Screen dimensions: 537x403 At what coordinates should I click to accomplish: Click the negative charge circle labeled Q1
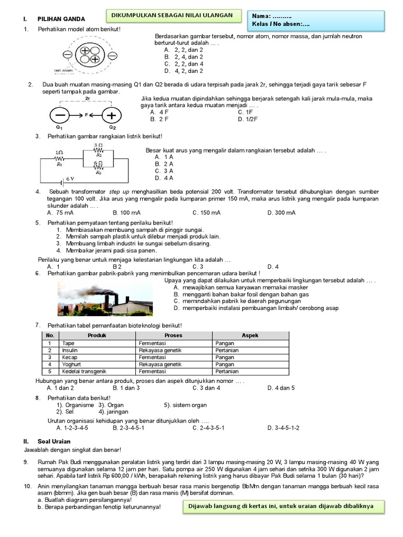tap(61, 115)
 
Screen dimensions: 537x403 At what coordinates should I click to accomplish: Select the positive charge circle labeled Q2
tap(111, 115)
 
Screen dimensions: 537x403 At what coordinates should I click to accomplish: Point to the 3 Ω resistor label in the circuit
tap(98, 145)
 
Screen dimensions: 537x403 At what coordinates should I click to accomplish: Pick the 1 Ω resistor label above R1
tap(59, 152)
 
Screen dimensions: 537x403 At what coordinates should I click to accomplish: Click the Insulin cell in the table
tap(70, 350)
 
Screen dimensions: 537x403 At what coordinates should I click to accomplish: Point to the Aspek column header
tap(250, 335)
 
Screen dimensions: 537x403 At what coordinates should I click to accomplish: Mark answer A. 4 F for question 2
tap(159, 112)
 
